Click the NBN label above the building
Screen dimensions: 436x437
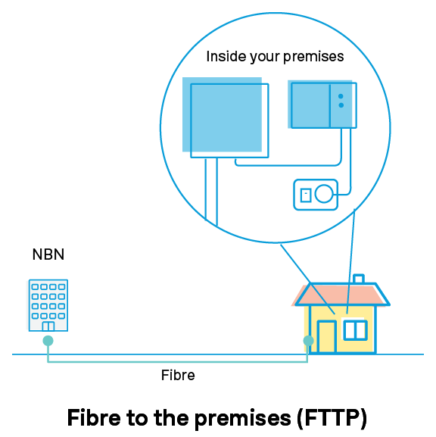click(48, 254)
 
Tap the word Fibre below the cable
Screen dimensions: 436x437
click(178, 375)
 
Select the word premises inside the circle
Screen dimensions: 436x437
click(313, 58)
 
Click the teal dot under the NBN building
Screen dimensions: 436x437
click(48, 341)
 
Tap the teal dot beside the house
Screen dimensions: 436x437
click(308, 341)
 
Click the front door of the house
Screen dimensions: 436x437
click(327, 337)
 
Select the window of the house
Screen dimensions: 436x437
click(355, 330)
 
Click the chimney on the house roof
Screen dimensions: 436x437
click(359, 279)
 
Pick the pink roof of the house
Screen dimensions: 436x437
click(342, 295)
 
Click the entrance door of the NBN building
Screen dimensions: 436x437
click(48, 326)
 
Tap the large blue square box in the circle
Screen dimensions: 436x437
click(226, 117)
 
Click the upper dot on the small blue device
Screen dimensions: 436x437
click(341, 96)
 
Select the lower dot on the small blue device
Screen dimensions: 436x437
click(341, 105)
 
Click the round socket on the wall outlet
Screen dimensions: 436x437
click(324, 193)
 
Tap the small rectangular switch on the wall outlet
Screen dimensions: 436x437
click(306, 195)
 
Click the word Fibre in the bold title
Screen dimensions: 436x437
click(94, 418)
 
